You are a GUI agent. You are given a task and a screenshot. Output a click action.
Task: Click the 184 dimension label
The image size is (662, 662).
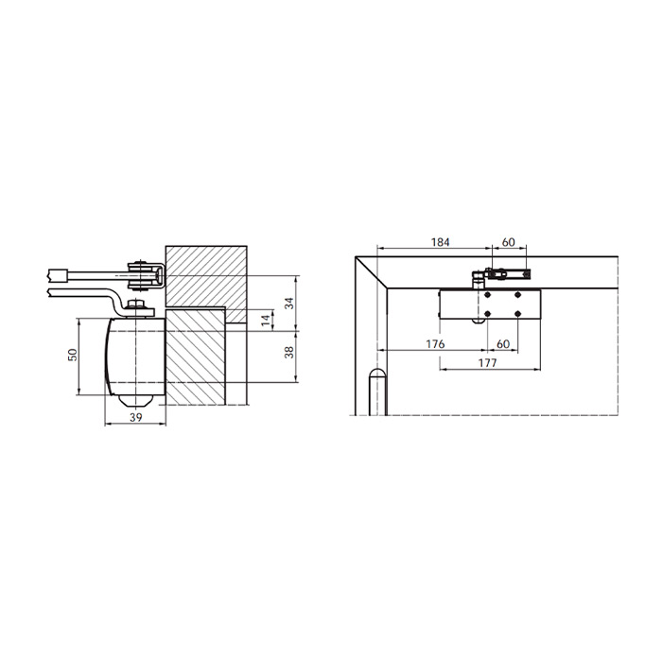(x=440, y=242)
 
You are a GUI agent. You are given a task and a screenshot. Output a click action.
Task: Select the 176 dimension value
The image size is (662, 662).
(x=435, y=343)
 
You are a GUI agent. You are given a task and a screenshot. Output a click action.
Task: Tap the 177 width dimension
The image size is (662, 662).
(x=487, y=362)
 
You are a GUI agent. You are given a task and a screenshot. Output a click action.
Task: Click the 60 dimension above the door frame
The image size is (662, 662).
(x=509, y=242)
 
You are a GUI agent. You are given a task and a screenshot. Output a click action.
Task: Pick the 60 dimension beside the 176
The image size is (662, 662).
(x=503, y=343)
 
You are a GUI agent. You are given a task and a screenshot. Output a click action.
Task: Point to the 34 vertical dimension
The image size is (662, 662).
(x=289, y=304)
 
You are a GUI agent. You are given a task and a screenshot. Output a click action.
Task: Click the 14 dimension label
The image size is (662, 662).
(x=266, y=320)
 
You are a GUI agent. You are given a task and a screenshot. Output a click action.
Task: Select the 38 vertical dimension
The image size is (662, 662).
(x=289, y=353)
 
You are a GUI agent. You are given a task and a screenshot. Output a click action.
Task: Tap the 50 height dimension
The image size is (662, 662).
(x=72, y=355)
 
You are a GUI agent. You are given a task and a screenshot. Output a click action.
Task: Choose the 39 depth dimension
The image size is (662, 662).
(x=135, y=418)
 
